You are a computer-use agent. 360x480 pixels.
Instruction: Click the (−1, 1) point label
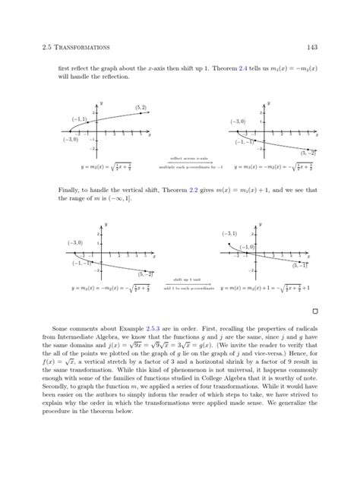click(x=79, y=120)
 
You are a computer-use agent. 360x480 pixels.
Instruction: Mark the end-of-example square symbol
click(x=314, y=311)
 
